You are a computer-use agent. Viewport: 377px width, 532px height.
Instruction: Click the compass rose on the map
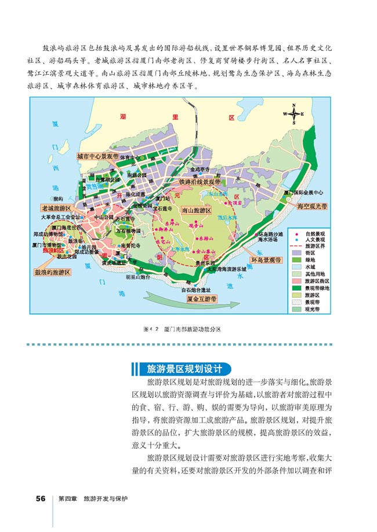[293, 113]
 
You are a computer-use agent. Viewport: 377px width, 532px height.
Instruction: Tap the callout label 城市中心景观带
[97, 157]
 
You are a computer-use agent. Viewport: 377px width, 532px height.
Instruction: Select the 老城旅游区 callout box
[55, 207]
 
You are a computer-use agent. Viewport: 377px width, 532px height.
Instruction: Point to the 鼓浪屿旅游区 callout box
[52, 271]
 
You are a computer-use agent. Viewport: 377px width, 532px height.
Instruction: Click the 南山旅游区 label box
[195, 212]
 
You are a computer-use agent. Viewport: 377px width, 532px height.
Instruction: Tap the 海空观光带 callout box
[311, 206]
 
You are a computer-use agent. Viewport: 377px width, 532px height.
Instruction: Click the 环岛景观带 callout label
[267, 261]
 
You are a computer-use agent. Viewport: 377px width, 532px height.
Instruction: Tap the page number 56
[40, 498]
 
